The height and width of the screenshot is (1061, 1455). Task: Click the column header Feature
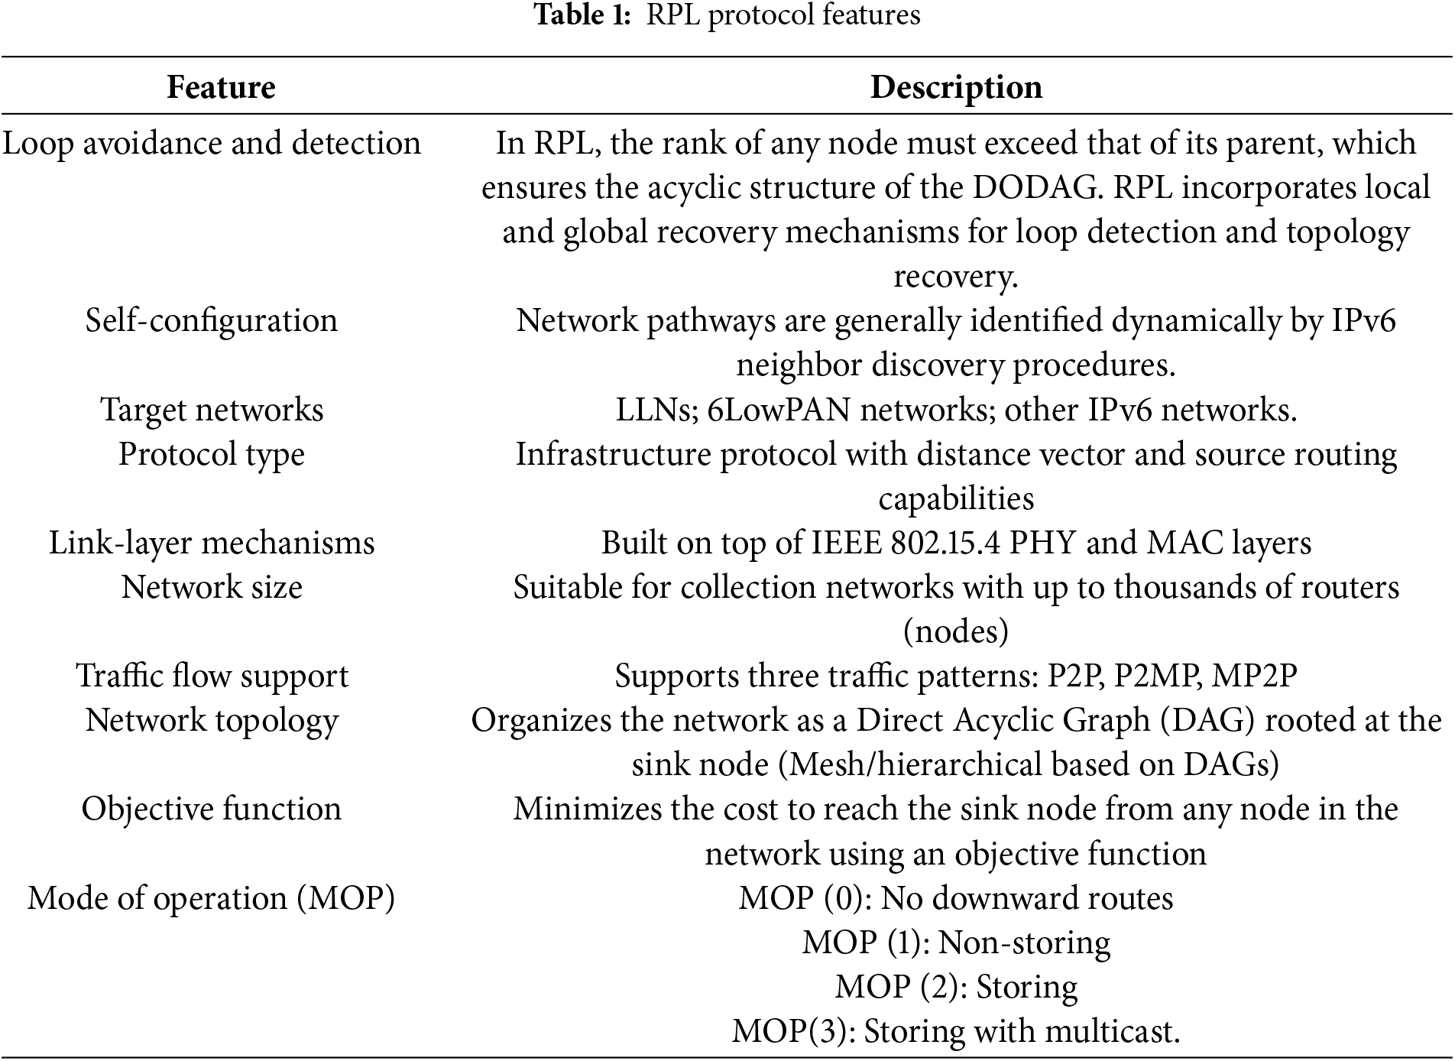point(221,87)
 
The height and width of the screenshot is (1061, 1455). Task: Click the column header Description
point(956,87)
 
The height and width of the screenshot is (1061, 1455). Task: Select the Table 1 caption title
point(727,15)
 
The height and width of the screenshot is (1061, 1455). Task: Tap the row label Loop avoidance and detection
point(212,144)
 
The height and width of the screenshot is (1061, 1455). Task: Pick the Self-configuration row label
point(212,320)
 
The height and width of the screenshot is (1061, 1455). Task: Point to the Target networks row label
point(212,410)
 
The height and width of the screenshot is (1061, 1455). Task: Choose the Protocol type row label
point(212,454)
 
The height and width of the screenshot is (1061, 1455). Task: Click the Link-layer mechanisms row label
point(212,543)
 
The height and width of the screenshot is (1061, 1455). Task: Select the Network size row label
point(212,587)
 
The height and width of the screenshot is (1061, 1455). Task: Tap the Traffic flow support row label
point(212,676)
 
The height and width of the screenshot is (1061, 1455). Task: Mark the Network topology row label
point(212,720)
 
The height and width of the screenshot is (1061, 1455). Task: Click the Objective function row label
point(212,809)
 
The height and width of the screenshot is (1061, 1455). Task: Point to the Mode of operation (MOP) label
point(212,897)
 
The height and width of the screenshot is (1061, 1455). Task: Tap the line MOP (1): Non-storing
point(956,942)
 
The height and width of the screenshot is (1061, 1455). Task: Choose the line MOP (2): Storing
point(956,986)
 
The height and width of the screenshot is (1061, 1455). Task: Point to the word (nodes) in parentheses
point(956,631)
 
